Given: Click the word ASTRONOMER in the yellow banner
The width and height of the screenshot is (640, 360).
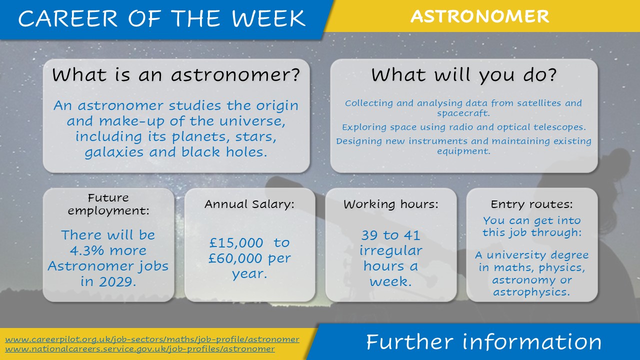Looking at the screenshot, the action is click(479, 16).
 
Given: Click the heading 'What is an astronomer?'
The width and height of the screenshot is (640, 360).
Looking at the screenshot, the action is click(176, 75).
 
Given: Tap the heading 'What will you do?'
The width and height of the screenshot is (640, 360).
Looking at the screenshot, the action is click(464, 75).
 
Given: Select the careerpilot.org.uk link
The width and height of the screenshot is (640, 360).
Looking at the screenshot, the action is click(152, 339).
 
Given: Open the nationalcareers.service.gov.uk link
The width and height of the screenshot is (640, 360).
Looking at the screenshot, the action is click(140, 349).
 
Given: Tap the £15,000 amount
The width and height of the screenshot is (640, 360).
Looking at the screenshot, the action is click(236, 243).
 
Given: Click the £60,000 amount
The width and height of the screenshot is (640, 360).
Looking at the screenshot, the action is click(235, 258).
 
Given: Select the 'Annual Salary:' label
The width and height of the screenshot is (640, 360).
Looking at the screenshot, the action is click(249, 204).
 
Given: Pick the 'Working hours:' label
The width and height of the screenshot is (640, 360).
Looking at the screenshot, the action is click(391, 204).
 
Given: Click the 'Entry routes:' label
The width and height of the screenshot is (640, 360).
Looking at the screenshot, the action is click(531, 204).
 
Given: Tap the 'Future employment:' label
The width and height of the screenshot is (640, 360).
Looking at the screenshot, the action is click(108, 204).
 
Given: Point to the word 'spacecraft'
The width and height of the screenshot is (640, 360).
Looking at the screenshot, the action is click(463, 113).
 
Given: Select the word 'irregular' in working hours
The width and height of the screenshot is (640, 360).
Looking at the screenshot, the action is click(390, 251).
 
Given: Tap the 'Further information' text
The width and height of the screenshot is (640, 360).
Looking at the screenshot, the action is click(483, 341).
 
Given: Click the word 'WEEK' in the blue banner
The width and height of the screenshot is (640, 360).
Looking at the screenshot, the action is click(268, 18).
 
